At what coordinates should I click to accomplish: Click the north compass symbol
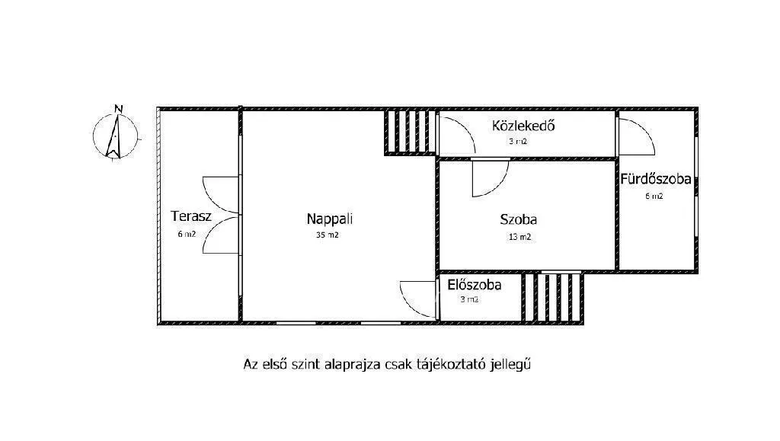pos(115,135)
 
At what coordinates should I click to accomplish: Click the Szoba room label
pos(519,219)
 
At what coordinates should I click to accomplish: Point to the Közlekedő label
pos(523,126)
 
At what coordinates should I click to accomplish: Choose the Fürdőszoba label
pos(655,180)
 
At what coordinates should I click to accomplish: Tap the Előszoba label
pos(475,286)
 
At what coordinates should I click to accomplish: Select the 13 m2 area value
pos(519,237)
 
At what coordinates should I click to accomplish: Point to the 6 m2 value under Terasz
pos(187,235)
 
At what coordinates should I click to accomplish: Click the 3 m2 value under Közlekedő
pos(519,142)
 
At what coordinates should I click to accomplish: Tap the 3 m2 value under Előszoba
pos(469,299)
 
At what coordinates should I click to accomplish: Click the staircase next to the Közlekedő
pos(411,133)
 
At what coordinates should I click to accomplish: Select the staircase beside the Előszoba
pos(553,297)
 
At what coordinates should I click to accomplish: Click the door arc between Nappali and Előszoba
pos(418,298)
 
